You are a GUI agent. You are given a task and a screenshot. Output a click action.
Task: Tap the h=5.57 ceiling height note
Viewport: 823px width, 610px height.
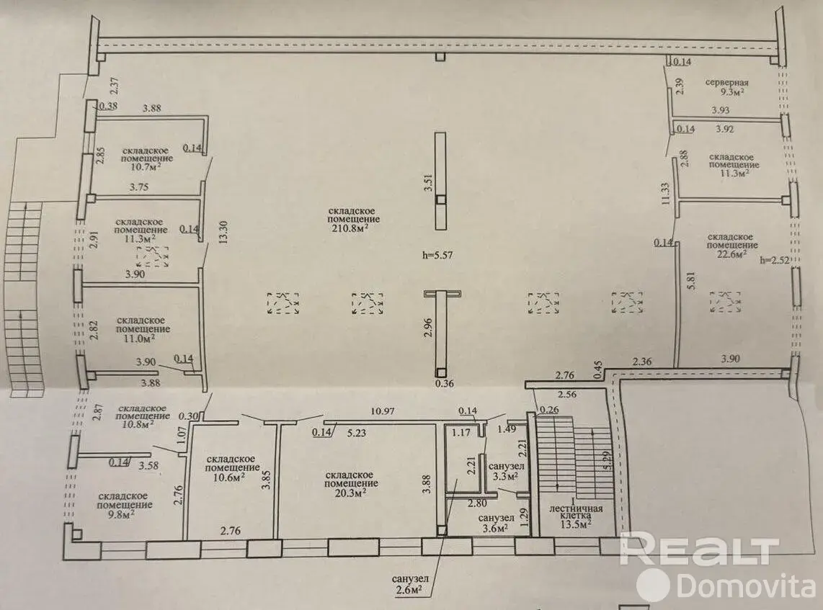pyautogui.click(x=437, y=256)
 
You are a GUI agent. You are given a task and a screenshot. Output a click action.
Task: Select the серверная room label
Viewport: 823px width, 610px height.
pyautogui.click(x=726, y=82)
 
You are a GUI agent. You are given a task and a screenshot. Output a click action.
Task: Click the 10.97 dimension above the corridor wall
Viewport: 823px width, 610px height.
pyautogui.click(x=383, y=412)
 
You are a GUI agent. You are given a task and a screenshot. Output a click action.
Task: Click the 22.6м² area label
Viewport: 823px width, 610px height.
pyautogui.click(x=732, y=254)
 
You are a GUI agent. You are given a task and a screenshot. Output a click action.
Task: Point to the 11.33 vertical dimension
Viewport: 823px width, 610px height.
pyautogui.click(x=665, y=192)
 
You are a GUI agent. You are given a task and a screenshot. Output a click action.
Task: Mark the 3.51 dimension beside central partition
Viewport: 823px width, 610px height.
pyautogui.click(x=429, y=182)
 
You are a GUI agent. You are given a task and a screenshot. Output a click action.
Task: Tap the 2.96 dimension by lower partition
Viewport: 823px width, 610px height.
pyautogui.click(x=428, y=327)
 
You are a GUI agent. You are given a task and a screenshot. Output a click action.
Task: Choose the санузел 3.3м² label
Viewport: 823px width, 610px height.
pyautogui.click(x=506, y=471)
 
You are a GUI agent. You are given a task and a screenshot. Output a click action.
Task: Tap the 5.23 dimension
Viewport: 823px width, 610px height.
pyautogui.click(x=357, y=434)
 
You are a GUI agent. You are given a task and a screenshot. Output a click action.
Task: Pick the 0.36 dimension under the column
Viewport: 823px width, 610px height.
pyautogui.click(x=445, y=383)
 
